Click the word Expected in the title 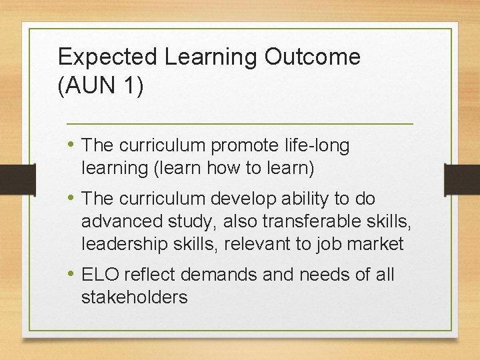[107, 57]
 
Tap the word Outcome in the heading [312, 57]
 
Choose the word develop [235, 199]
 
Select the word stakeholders [134, 297]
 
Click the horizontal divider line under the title [240, 124]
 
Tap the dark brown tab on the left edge [17, 179]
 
